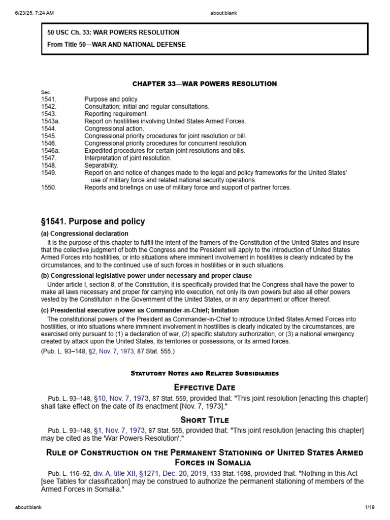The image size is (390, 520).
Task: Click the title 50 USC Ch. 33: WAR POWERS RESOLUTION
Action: pos(113,32)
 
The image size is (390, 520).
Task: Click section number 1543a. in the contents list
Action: pos(50,121)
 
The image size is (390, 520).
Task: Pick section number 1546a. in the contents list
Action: pos(50,151)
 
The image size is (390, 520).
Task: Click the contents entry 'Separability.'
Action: pos(101,166)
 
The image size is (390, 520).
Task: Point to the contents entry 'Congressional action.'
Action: pos(114,129)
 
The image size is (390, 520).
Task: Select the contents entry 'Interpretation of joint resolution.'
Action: pos(127,158)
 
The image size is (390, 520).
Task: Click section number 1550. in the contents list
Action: pos(49,188)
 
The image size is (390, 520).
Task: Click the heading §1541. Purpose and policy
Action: pos(93,221)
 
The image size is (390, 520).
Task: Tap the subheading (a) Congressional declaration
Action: pos(84,234)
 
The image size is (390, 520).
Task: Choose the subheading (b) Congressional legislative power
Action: pos(146,276)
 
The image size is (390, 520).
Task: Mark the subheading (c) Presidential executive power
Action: pos(140,310)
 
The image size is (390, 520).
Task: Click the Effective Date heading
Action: pos(205,387)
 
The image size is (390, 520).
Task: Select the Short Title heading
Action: pos(205,420)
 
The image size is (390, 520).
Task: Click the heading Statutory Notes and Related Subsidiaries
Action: pos(205,373)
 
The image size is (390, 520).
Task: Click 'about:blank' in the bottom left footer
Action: pos(28,507)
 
